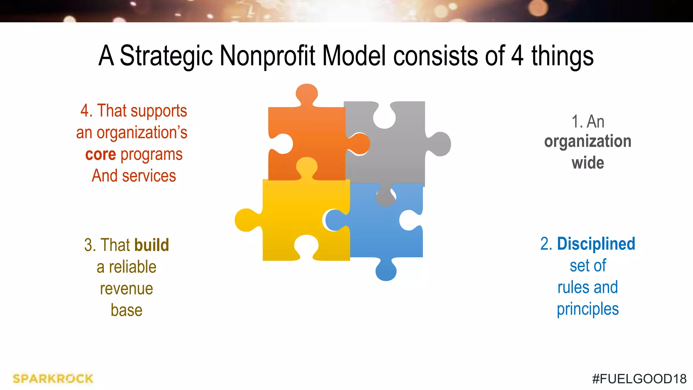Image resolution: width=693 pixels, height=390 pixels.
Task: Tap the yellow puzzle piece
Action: pos(298,213)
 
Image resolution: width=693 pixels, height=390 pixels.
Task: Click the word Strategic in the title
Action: pos(166,56)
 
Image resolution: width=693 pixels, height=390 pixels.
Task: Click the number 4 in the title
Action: pos(517,56)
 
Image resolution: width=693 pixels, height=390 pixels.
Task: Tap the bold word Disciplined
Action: pos(596,244)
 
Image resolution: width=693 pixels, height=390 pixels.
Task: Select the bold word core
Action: pos(100,154)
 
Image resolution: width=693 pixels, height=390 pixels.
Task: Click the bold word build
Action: pos(151,245)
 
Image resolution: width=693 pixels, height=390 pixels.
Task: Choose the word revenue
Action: pos(126,289)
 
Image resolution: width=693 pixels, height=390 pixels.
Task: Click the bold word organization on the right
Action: pos(587,142)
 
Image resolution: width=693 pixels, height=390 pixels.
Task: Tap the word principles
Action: pos(588,309)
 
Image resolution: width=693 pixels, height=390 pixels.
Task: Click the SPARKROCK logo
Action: pos(53,378)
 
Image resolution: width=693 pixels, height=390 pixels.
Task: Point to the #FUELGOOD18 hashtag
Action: pos(639,379)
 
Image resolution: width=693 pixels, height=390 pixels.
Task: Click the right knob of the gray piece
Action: pos(440,144)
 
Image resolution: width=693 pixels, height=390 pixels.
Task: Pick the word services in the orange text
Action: pos(149,176)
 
